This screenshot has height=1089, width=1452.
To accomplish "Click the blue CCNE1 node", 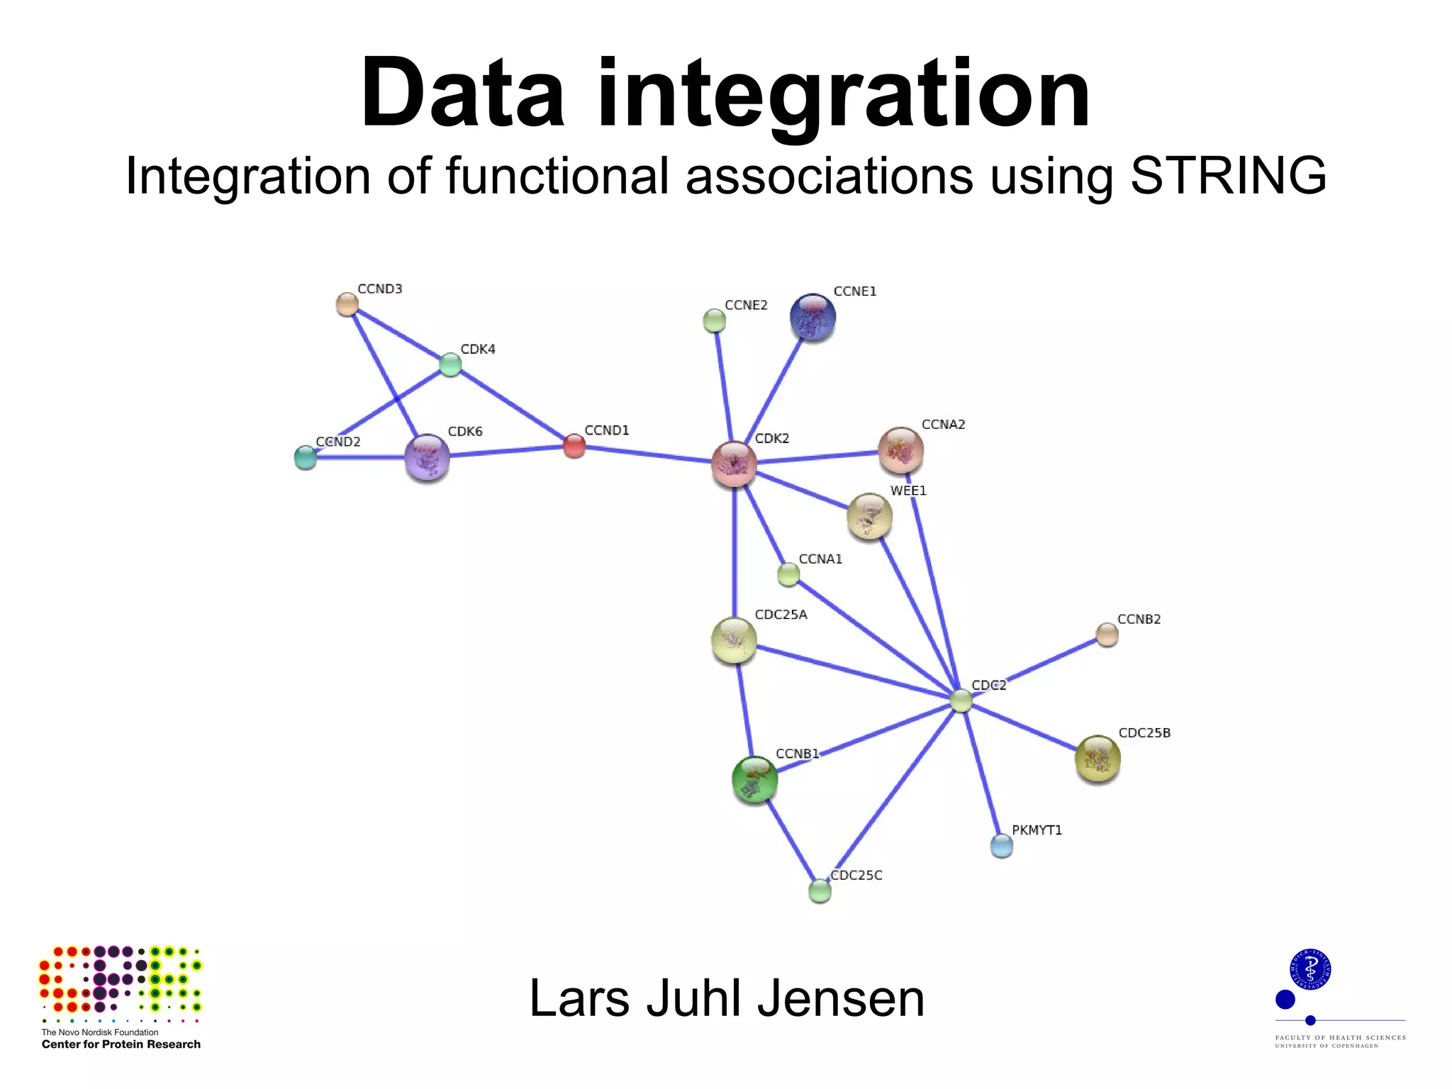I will point(812,317).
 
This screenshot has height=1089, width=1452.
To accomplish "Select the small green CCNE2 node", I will point(714,321).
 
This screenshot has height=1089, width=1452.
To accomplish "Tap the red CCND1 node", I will point(574,446).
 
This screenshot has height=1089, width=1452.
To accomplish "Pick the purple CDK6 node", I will point(427,457).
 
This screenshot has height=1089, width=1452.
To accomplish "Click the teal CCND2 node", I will point(305,457).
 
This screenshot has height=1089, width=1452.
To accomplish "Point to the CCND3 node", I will point(347,304).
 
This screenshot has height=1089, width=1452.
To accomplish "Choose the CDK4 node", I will point(450,364).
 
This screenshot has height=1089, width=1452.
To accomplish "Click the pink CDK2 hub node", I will point(734,464).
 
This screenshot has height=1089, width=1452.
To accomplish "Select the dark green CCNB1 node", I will point(754,779).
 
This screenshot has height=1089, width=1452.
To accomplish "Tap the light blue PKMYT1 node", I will point(1001,845).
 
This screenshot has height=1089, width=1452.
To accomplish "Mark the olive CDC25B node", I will point(1098,759).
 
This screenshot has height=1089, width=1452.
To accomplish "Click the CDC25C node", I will point(820,890).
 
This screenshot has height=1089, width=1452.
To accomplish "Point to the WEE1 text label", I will point(908,491).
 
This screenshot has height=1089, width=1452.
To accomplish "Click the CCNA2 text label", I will point(943,425).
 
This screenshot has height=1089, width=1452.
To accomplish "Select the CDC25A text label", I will point(781,615).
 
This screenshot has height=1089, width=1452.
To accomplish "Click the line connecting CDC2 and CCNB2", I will point(1035,667).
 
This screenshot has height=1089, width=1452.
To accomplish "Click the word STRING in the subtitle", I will point(1228,175).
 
